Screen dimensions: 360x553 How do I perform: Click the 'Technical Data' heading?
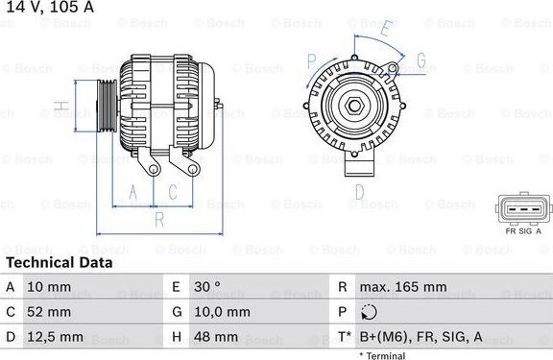coord(60,262)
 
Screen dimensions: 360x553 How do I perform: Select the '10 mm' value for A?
coord(50,287)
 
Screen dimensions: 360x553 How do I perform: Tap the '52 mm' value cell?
coord(50,312)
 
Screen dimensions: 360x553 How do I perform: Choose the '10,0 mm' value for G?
coord(223,312)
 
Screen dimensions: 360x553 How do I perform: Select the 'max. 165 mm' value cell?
coord(402,287)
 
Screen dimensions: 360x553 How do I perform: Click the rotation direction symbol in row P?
coord(372,312)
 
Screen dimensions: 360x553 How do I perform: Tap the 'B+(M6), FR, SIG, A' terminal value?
coord(421,337)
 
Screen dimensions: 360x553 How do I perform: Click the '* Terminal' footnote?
coord(383,355)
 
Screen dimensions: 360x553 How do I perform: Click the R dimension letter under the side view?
coord(159,219)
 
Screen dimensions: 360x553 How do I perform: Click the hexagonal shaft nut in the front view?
coord(354,106)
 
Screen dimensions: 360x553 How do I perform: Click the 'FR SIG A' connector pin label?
coord(522,230)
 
